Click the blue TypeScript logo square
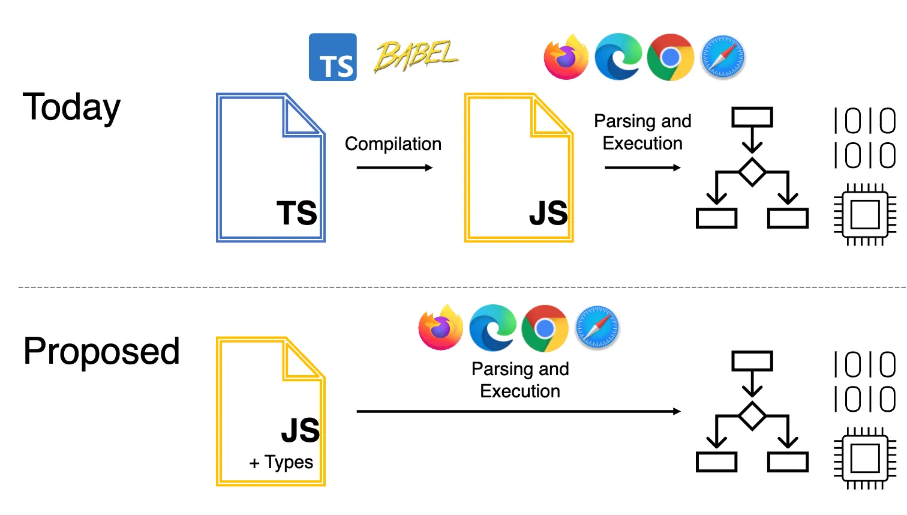point(332,57)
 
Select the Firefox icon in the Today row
point(566,57)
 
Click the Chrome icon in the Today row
point(670,57)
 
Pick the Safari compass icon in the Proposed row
point(597,327)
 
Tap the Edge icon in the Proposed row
point(492,328)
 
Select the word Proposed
point(101,352)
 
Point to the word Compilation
point(393,144)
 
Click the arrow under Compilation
point(395,167)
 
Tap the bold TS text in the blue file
point(296,212)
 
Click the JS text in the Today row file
point(549,212)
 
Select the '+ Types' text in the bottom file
point(281,462)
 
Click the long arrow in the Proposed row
point(519,411)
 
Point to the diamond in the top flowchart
point(752,172)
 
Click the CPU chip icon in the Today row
point(865,214)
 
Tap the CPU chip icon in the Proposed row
point(865,458)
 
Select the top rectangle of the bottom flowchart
point(752,361)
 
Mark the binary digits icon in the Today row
point(865,138)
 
